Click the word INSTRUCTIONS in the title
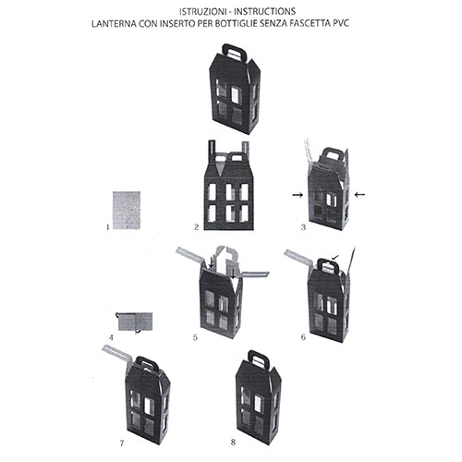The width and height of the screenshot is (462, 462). tap(265, 12)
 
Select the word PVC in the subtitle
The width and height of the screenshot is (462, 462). tap(341, 23)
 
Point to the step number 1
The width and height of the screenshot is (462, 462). tap(107, 227)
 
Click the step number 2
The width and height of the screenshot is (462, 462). tap(197, 227)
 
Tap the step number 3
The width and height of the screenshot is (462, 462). tap(303, 227)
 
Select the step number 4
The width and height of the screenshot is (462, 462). tap(111, 337)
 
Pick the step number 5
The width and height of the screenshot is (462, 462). tap(195, 337)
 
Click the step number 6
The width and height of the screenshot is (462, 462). tap(303, 337)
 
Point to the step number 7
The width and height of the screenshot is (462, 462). tap(122, 444)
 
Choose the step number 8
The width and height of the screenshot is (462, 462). tap(233, 443)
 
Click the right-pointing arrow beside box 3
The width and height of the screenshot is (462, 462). tap(298, 195)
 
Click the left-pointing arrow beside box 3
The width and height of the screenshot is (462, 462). tap(359, 194)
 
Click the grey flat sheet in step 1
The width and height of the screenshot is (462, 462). tap(127, 211)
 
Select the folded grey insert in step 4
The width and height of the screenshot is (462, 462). tap(135, 322)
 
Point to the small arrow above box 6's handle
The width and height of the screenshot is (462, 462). tap(335, 257)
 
